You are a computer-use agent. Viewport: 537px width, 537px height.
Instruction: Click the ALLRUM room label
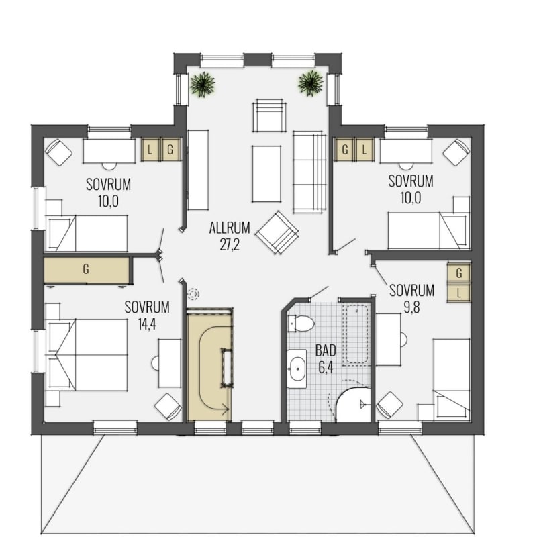[x=230, y=228]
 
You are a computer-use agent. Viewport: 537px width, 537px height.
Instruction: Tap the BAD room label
[x=326, y=350]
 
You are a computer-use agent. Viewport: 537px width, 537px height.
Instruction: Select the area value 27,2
[x=230, y=244]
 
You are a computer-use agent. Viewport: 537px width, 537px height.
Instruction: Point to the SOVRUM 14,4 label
[x=147, y=315]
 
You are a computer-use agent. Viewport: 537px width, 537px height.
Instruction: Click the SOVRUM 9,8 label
[x=411, y=299]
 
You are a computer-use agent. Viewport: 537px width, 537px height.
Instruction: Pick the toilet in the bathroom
[x=301, y=324]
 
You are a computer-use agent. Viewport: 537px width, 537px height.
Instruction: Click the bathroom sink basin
[x=297, y=369]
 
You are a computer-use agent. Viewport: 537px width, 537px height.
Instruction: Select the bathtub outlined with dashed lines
[x=357, y=334]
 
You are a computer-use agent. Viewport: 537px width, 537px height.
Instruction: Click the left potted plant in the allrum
[x=203, y=85]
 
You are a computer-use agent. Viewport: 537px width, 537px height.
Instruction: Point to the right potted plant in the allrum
[x=311, y=83]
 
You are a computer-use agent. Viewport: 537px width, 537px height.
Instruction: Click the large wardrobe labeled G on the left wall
[x=87, y=270]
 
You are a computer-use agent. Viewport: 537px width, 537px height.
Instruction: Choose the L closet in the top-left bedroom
[x=150, y=150]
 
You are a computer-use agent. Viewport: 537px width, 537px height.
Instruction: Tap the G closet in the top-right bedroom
[x=345, y=149]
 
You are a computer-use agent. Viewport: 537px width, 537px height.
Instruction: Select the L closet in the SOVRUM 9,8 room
[x=459, y=293]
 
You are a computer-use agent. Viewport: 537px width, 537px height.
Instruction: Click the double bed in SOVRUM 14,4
[x=87, y=355]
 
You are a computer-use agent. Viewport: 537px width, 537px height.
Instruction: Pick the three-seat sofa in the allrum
[x=309, y=172]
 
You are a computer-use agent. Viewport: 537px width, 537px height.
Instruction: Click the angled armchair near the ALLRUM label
[x=277, y=232]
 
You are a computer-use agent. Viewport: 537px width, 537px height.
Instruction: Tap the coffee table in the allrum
[x=266, y=174]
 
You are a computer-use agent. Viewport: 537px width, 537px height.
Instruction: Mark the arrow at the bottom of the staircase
[x=224, y=408]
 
